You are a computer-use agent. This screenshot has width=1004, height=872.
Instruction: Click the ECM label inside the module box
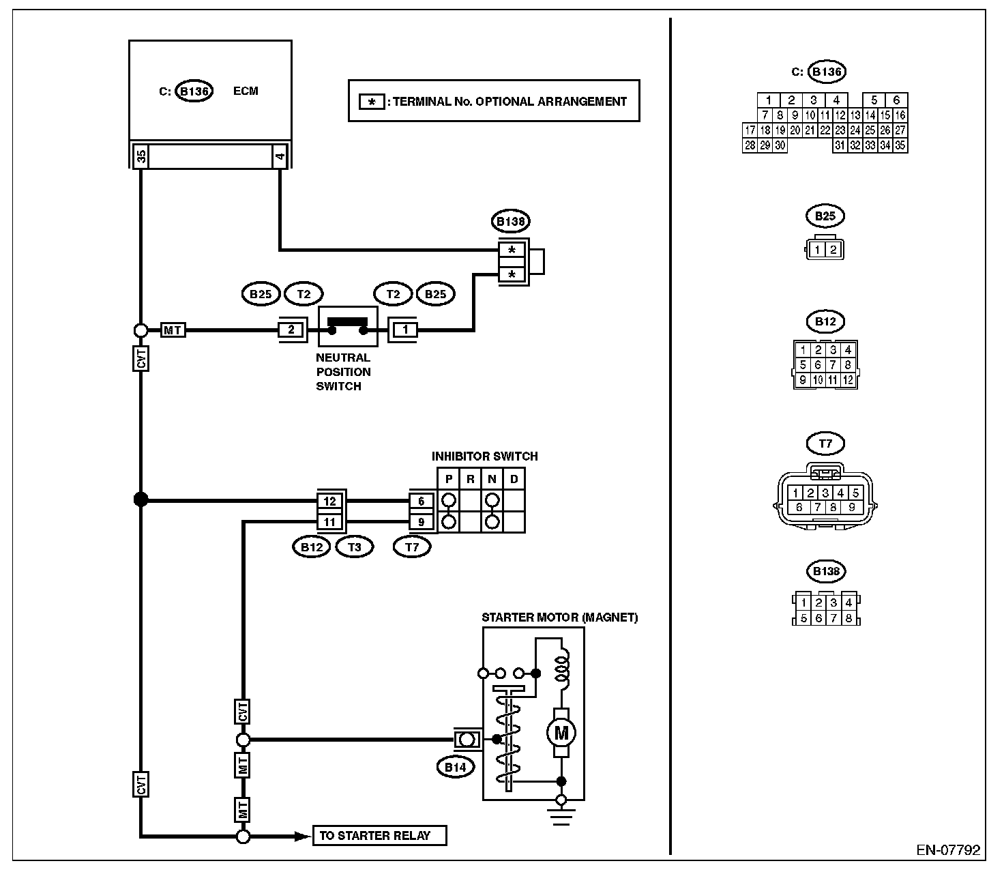pos(246,91)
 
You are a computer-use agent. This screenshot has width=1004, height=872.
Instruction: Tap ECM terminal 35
pos(141,156)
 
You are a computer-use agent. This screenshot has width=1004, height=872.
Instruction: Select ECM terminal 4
pos(280,156)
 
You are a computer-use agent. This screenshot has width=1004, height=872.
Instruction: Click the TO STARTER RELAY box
pos(379,835)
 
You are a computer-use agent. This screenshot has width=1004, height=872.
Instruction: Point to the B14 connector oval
pos(456,767)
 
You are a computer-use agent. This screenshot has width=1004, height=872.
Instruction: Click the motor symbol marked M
pos(561,733)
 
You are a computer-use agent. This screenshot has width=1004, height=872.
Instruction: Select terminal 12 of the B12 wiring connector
pos(329,501)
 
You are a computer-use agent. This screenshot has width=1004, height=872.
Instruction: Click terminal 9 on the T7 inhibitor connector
pos(421,521)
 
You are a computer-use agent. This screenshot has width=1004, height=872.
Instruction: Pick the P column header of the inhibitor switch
pos(449,479)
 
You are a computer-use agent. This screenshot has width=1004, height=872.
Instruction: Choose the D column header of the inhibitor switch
pos(514,479)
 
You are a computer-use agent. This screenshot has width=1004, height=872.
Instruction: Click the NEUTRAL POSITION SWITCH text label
pos(343,372)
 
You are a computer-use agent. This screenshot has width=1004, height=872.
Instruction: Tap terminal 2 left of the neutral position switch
pos(291,330)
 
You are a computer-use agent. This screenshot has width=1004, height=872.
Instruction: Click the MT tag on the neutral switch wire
pos(173,330)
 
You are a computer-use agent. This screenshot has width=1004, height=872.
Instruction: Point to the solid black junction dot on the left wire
pos(141,499)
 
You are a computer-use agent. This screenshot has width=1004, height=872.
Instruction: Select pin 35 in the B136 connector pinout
pos(900,145)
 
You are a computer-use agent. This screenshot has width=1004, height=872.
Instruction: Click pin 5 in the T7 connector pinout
pos(855,493)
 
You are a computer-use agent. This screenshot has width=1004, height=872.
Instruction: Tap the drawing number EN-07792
pos(948,850)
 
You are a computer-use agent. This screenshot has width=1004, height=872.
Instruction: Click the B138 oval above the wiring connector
pos(510,221)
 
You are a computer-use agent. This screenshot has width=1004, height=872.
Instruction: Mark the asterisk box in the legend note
pos(372,102)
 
